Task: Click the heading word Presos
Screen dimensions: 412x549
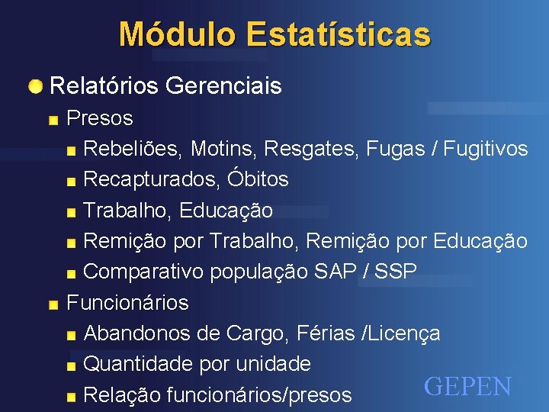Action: click(100, 118)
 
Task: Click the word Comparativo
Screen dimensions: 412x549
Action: click(143, 272)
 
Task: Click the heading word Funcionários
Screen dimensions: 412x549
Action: click(127, 303)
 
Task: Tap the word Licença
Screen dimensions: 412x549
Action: click(405, 333)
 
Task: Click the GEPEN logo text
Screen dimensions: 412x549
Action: click(467, 387)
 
